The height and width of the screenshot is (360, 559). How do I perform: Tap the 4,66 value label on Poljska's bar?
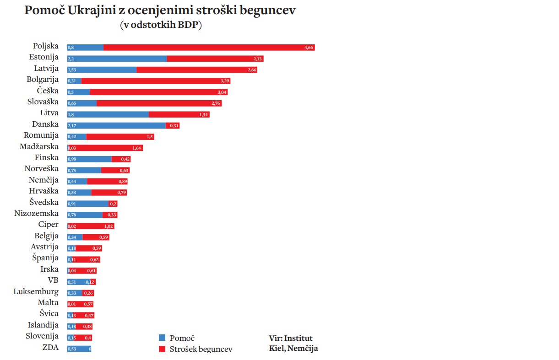(309, 48)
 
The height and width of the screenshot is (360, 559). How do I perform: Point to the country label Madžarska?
(39, 146)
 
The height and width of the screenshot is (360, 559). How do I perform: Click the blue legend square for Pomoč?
(162, 338)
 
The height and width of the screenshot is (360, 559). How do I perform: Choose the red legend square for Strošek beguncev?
(162, 349)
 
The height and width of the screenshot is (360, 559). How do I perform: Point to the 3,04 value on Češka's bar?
(222, 92)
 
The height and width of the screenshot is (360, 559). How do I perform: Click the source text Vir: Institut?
(291, 339)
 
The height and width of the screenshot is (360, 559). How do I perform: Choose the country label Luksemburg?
(36, 291)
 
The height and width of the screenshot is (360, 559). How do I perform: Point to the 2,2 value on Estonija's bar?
(71, 59)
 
